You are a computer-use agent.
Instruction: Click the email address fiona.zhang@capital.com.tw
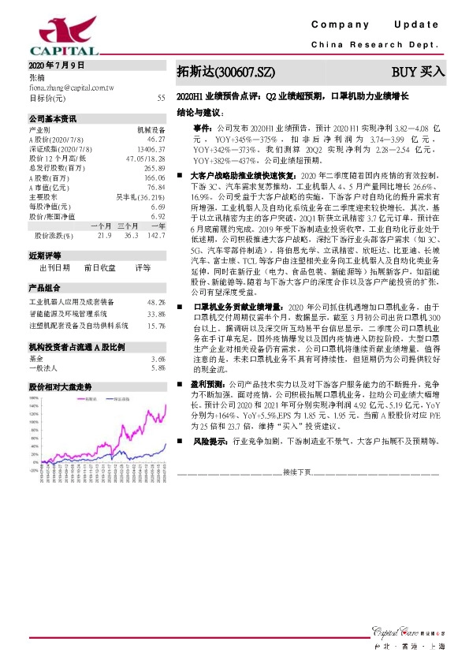pos(69,88)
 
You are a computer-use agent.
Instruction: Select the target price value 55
pos(161,99)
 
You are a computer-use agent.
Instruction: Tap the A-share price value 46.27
pos(155,137)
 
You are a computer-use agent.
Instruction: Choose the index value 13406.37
pos(151,147)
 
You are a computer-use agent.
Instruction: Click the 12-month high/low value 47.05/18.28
pos(145,158)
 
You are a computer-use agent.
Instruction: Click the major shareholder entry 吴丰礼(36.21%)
pos(140,196)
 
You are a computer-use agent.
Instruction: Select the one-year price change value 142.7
pos(155,235)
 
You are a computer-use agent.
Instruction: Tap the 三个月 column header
pos(126,226)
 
